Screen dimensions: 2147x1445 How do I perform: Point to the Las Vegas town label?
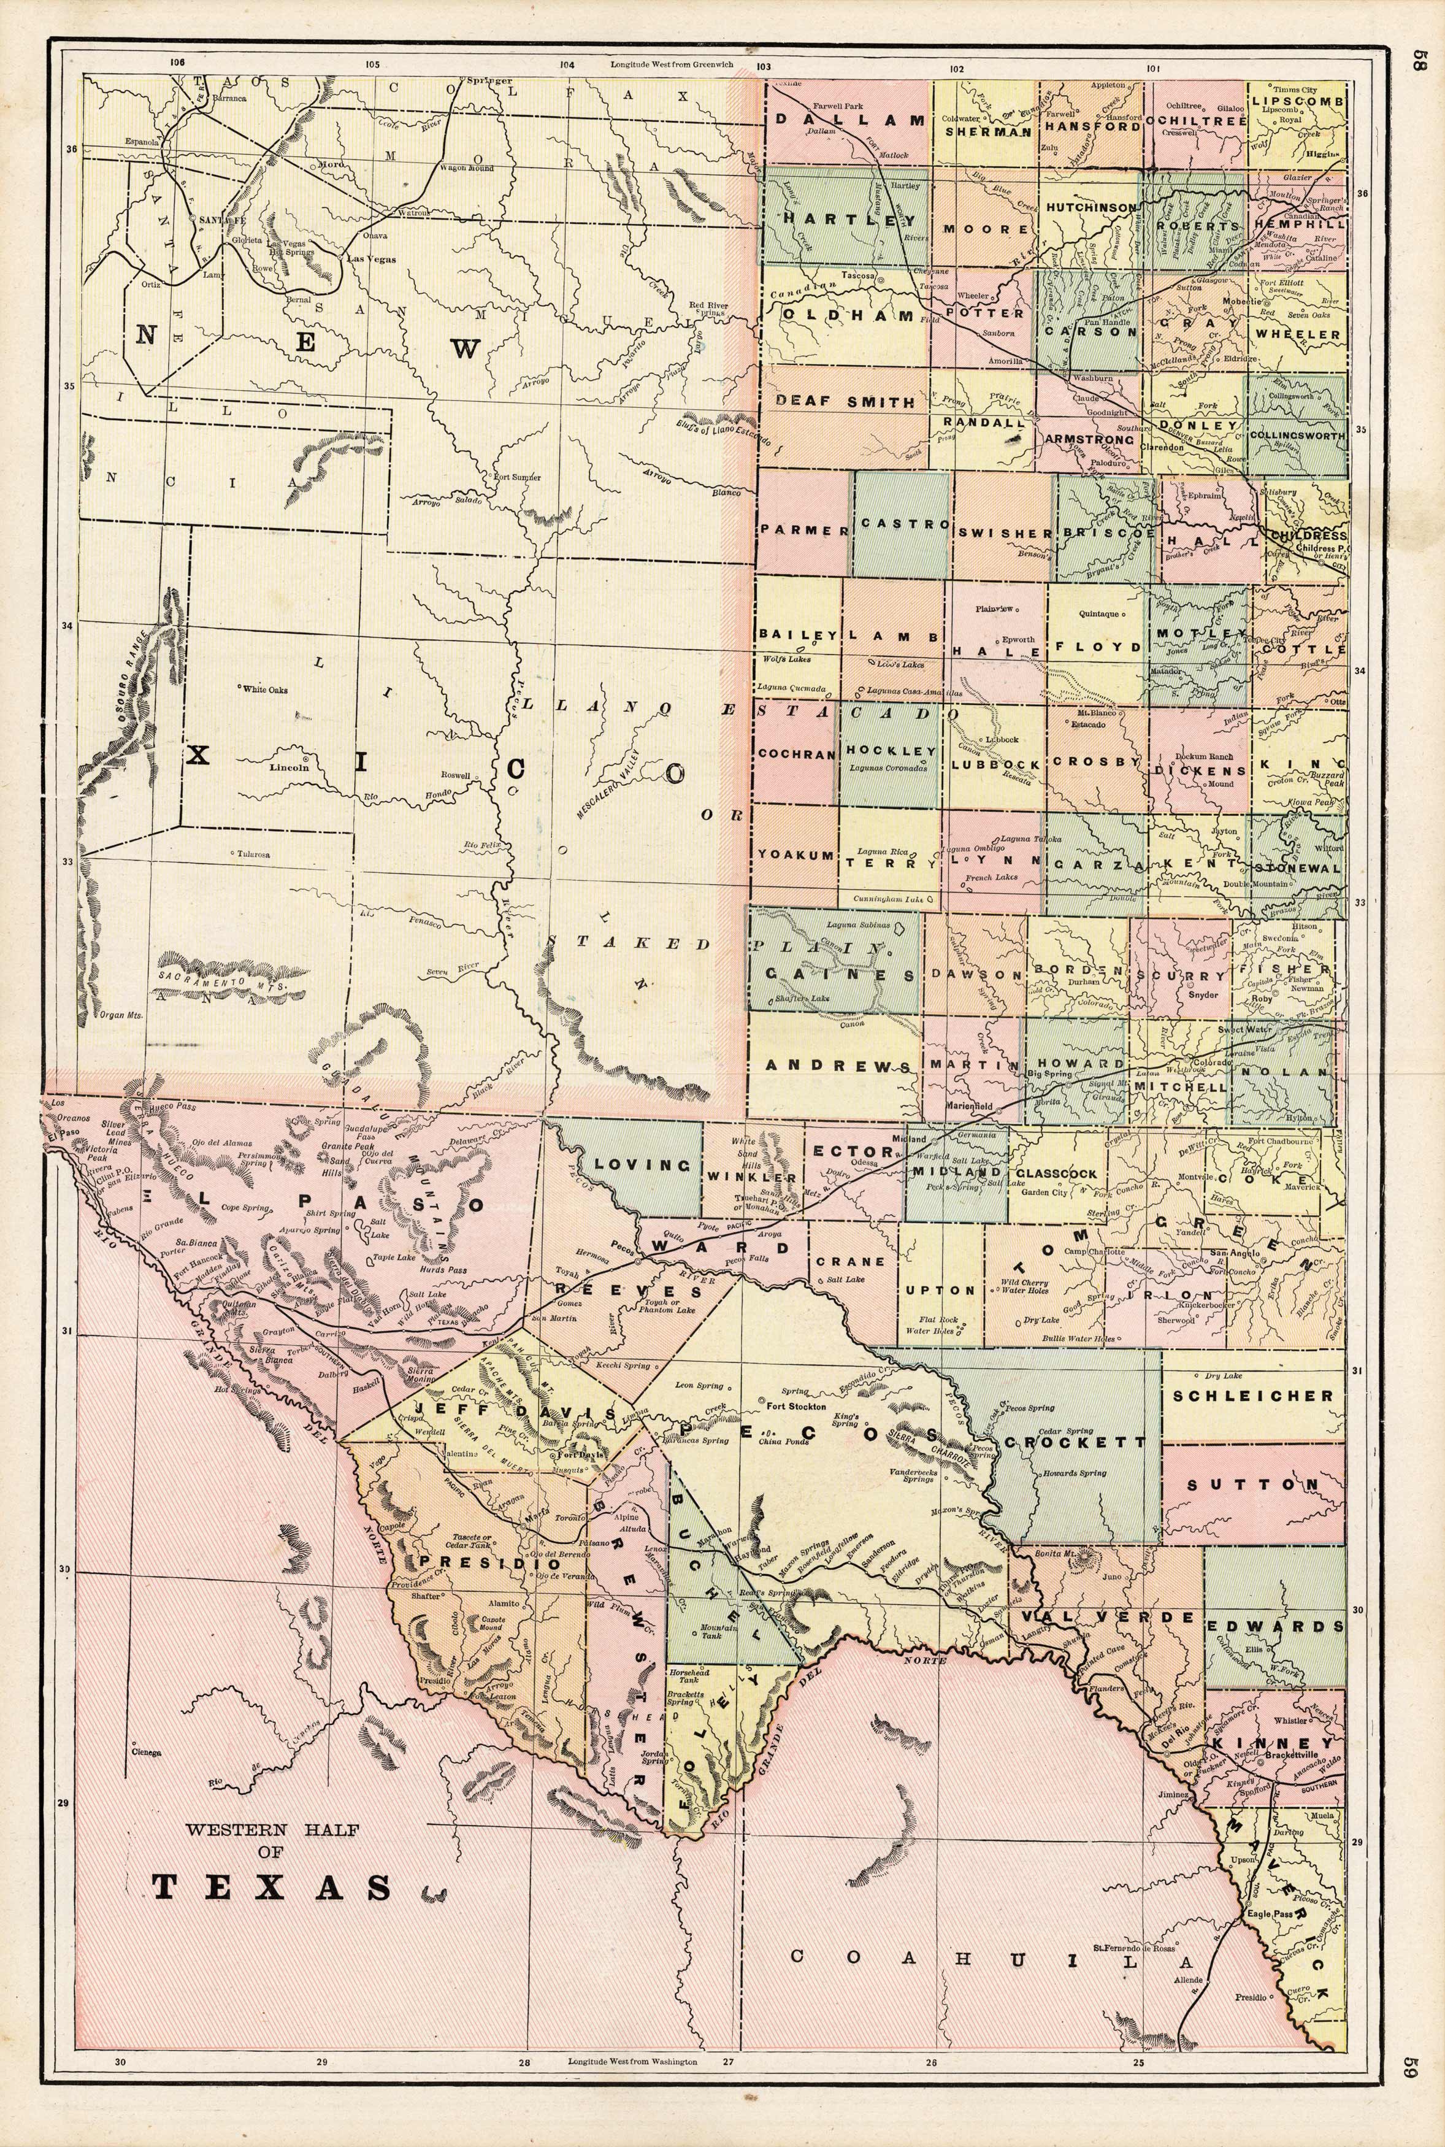point(370,259)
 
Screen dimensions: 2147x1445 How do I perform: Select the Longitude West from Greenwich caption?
point(672,66)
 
